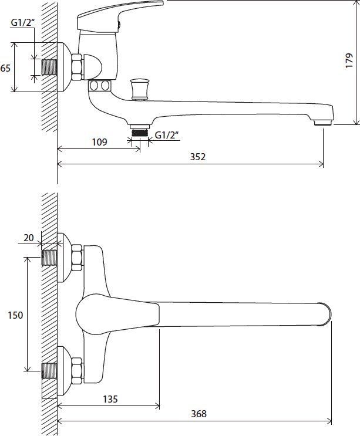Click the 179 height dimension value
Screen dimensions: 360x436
[x=349, y=60]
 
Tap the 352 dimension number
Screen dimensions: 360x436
[x=198, y=157]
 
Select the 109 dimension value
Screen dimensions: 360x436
[x=99, y=142]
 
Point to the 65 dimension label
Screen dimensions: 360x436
[x=5, y=68]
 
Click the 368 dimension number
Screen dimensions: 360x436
[x=198, y=414]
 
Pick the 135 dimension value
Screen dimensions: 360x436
[x=110, y=399]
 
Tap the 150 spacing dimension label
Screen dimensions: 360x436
[x=15, y=315]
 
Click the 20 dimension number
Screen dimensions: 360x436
[x=28, y=238]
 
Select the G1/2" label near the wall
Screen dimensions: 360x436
[x=22, y=23]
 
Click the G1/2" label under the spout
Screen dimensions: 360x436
[x=166, y=135]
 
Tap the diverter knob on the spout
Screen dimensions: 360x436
[x=140, y=89]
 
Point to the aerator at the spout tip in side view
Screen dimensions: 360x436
[x=323, y=122]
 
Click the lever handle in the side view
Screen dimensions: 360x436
[x=120, y=15]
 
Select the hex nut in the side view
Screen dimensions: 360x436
[x=77, y=67]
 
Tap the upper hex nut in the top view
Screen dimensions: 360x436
[x=77, y=258]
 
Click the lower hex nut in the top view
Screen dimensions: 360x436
[x=77, y=371]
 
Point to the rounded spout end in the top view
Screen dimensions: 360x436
[x=325, y=314]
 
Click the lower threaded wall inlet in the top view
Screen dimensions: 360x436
[x=49, y=371]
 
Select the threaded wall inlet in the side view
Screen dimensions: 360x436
[x=49, y=67]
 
